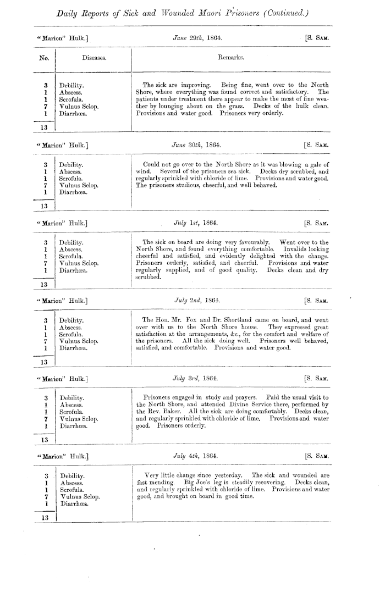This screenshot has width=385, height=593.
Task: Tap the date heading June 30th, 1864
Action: tap(197, 146)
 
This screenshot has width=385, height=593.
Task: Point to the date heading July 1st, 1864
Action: tap(197, 223)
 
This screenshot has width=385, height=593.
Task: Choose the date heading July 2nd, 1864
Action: tap(197, 301)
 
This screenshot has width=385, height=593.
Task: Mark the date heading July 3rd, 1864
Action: tap(197, 378)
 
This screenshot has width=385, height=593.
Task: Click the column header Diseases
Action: tap(94, 57)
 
